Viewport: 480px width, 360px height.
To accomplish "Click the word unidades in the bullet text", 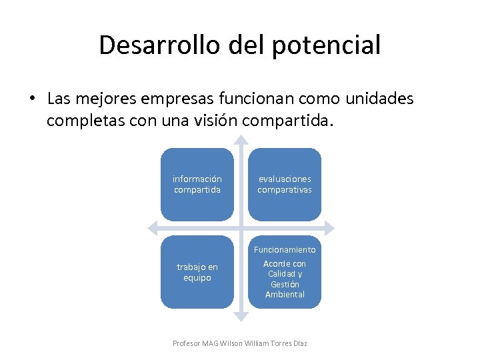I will tap(379, 99).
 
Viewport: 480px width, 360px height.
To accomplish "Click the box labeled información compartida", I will tap(197, 184).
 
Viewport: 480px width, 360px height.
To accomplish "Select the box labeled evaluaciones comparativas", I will tap(285, 184).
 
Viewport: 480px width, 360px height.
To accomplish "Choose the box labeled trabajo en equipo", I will tap(197, 272).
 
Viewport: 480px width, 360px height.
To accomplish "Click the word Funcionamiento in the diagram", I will tap(285, 249).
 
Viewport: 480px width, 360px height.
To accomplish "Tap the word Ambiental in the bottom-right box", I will tap(285, 295).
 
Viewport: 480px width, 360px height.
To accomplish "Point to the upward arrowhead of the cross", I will tap(241, 141).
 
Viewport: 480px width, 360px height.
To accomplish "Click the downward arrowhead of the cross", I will tap(241, 316).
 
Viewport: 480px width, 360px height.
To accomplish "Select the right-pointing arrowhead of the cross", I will tap(329, 228).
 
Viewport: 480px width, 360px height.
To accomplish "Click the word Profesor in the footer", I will tap(186, 343).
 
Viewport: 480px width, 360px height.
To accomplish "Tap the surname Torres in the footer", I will tap(277, 343).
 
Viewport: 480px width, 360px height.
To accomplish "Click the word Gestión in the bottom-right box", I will tap(285, 285).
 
